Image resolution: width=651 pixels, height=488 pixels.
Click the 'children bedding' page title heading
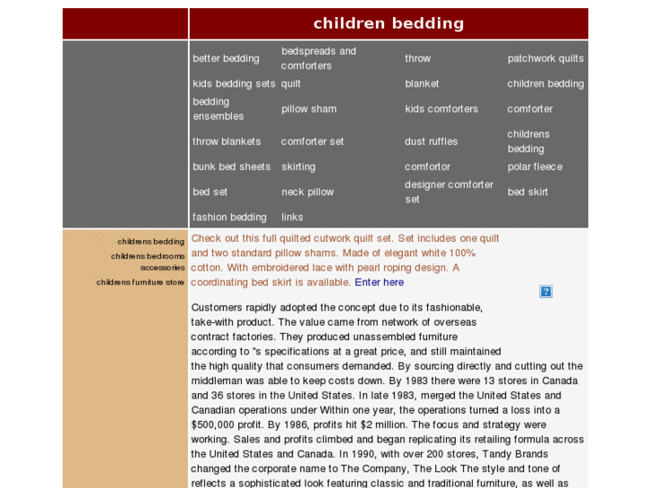[389, 23]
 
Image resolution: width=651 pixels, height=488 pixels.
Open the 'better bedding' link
[226, 58]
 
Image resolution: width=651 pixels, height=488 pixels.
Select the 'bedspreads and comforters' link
[318, 58]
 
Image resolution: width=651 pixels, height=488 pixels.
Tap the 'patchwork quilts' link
[545, 58]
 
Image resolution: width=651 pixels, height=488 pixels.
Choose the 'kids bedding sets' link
[234, 83]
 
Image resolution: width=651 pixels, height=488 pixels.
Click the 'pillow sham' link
[309, 109]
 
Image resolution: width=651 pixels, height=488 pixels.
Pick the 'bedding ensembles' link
[218, 109]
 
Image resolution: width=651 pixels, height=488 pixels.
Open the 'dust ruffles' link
[431, 141]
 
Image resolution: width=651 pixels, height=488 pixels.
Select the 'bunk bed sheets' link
[231, 167]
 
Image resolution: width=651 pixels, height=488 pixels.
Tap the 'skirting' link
[298, 167]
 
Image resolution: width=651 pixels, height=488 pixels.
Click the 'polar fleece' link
[535, 167]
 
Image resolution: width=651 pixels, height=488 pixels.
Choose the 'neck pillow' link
[307, 192]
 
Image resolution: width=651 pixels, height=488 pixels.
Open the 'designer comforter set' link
[449, 192]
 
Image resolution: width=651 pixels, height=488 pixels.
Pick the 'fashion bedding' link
[229, 217]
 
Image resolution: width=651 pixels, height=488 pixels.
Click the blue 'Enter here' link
[379, 282]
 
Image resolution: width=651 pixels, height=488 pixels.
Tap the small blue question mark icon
[545, 291]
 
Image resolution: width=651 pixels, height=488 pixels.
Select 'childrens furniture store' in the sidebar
[141, 282]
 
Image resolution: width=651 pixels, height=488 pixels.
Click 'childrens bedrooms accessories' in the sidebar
[148, 261]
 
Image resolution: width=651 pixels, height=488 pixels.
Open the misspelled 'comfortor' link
[427, 167]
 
